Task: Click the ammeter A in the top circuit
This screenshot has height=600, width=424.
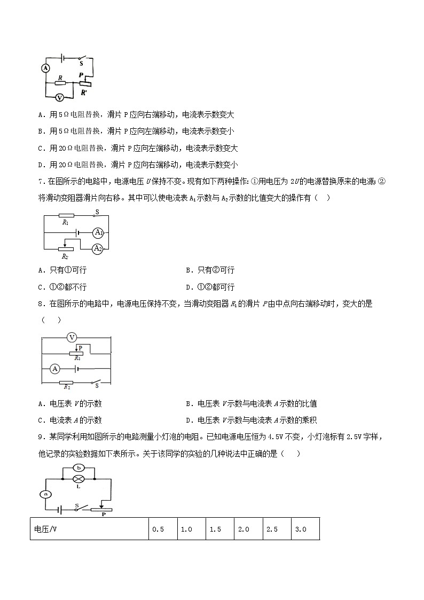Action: click(45, 68)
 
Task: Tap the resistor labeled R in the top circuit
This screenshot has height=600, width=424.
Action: click(60, 83)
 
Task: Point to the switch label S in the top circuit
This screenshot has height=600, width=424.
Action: click(82, 63)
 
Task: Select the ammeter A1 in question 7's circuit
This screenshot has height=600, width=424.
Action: click(98, 232)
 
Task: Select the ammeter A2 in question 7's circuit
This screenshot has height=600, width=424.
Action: click(97, 248)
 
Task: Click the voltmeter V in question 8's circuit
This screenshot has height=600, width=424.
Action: click(73, 337)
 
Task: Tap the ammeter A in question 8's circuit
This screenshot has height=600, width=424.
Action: click(54, 369)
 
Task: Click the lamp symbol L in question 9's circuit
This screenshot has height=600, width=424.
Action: click(78, 479)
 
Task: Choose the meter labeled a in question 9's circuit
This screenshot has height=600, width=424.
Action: click(46, 494)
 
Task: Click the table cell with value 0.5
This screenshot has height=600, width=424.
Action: click(158, 529)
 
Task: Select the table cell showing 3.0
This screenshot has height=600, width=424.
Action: click(300, 529)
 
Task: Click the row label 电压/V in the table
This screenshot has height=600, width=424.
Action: click(45, 529)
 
